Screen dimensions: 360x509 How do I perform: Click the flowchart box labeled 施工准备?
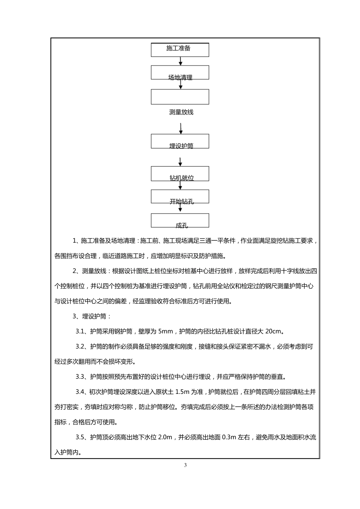[180, 49]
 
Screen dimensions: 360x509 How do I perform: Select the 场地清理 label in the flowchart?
[180, 78]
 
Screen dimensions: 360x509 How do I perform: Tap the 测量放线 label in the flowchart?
[181, 112]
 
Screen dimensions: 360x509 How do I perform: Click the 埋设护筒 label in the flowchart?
[181, 146]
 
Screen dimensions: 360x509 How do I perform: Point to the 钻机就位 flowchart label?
[182, 178]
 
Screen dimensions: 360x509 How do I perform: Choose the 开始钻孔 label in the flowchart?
[182, 201]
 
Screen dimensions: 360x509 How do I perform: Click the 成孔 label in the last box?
[182, 226]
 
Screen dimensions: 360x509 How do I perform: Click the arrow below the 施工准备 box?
[181, 61]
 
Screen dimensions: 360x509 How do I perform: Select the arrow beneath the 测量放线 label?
[181, 128]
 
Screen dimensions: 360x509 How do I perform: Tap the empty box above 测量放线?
[180, 97]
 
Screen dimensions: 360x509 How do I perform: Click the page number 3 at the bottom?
[185, 465]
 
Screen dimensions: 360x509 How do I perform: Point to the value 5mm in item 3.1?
[165, 331]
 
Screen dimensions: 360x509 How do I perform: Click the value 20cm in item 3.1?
[274, 331]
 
